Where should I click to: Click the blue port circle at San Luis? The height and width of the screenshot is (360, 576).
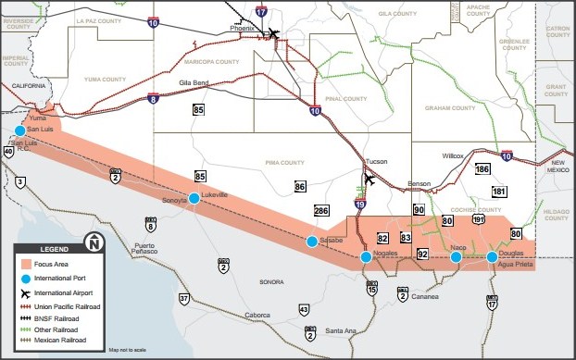tap(19, 131)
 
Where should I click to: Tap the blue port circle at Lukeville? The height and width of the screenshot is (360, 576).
tap(194, 197)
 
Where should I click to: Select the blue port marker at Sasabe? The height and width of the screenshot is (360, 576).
tap(312, 242)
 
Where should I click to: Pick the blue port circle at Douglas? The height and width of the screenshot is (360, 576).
tap(492, 256)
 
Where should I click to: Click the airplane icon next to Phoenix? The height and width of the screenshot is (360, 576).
tap(274, 34)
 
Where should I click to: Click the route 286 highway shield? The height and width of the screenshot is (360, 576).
tap(321, 211)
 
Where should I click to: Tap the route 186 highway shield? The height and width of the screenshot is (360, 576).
tap(482, 169)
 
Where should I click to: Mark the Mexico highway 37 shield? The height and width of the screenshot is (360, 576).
tap(184, 298)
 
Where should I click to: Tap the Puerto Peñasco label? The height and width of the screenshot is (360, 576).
tap(149, 249)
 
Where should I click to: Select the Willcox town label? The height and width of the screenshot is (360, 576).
tap(452, 156)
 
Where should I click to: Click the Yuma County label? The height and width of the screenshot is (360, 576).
tap(104, 80)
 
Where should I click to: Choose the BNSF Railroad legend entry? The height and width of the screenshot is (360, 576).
tap(63, 316)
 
